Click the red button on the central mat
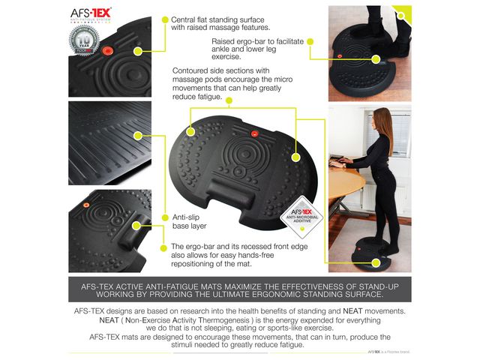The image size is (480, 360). pos(253,135)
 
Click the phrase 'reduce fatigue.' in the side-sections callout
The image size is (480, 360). pos(197,97)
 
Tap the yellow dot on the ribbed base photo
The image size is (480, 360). pos(137,135)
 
